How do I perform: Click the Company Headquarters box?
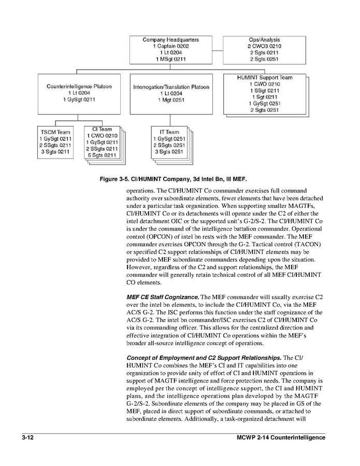(x=171, y=50)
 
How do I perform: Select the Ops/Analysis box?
(x=264, y=50)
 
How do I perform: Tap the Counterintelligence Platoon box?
(x=79, y=93)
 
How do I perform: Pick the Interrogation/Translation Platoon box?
(x=171, y=94)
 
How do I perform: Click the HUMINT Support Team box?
(x=264, y=94)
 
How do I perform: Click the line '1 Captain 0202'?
(x=171, y=46)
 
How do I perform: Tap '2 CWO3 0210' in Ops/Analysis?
(x=264, y=46)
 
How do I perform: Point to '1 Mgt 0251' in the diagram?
(x=171, y=100)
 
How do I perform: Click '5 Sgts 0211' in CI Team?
(x=102, y=155)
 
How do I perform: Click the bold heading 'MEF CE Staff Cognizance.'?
(x=163, y=297)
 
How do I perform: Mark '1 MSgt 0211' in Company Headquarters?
(x=171, y=59)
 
